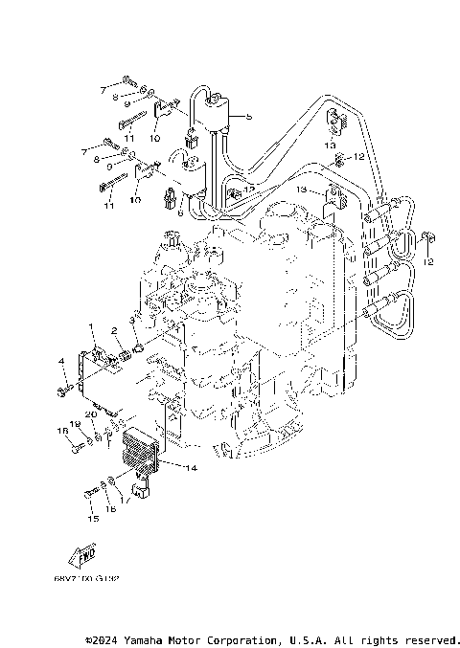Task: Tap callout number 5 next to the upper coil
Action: pos(248,117)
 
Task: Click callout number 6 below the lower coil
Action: pos(178,212)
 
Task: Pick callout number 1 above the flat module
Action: pos(93,327)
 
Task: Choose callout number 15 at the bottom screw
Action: pos(93,519)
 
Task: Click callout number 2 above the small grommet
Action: pos(113,331)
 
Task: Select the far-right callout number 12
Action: pos(429,260)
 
